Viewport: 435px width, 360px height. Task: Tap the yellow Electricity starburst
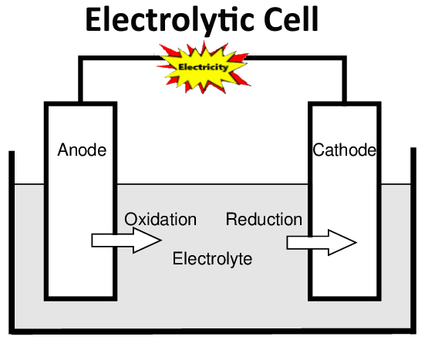pyautogui.click(x=203, y=67)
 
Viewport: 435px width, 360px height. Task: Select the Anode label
pyautogui.click(x=82, y=150)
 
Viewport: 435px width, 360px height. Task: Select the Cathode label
pyautogui.click(x=344, y=150)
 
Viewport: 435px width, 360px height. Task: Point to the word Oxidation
pyautogui.click(x=160, y=220)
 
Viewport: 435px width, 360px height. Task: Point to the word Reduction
pyautogui.click(x=264, y=220)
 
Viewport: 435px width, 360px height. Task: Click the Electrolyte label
pyautogui.click(x=212, y=259)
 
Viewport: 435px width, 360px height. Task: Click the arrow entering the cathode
pyautogui.click(x=320, y=243)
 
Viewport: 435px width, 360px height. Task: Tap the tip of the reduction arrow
pyautogui.click(x=355, y=243)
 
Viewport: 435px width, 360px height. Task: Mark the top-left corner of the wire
pyautogui.click(x=81, y=58)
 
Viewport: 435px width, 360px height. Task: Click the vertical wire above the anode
pyautogui.click(x=81, y=81)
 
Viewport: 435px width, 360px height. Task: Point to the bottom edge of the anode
pyautogui.click(x=81, y=297)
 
